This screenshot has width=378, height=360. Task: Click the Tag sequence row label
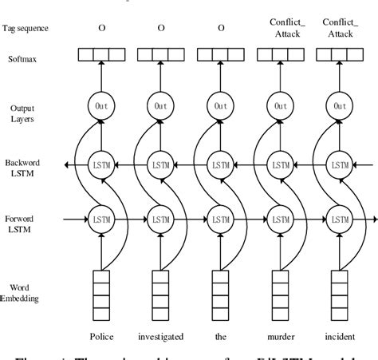point(26,28)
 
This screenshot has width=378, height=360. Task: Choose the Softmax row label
point(22,58)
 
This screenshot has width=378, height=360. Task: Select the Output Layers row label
point(22,113)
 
